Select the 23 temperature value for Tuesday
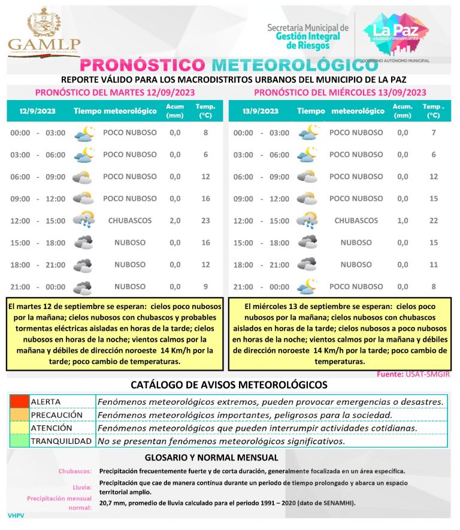tap(205, 220)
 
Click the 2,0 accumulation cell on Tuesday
tap(175, 220)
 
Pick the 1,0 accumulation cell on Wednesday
tap(402, 220)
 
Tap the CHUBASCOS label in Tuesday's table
tap(130, 220)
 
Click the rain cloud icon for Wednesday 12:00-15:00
tap(308, 220)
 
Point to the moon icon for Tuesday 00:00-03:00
tap(84, 133)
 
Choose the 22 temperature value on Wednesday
tap(434, 220)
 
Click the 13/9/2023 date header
tap(261, 111)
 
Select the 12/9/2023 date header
tap(33, 111)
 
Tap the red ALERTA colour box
tap(19, 401)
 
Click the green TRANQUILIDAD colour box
tap(19, 441)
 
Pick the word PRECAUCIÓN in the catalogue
tap(56, 414)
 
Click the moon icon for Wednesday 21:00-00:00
tap(307, 286)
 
